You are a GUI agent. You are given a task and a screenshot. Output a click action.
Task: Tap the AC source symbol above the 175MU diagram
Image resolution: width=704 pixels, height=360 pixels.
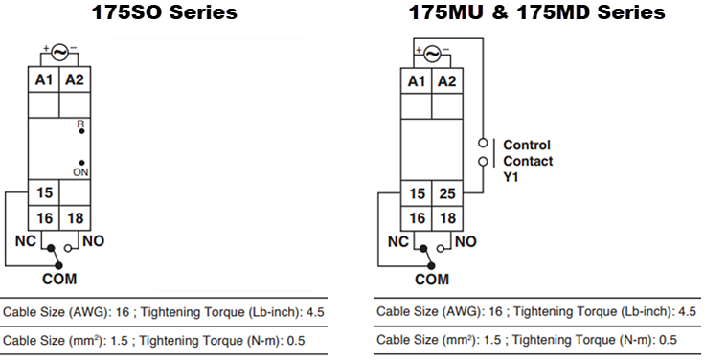(431, 53)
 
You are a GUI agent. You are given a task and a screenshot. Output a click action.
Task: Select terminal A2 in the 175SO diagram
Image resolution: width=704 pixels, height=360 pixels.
(75, 80)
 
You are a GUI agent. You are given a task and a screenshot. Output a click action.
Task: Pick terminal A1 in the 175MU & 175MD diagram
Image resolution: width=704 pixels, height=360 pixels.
(417, 81)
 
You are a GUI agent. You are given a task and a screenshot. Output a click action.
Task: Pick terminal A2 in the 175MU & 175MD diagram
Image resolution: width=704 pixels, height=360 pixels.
(446, 81)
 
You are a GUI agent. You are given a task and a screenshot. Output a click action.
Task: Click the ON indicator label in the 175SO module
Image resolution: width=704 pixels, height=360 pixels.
(80, 171)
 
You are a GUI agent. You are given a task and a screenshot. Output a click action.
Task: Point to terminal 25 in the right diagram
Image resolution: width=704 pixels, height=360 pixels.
(446, 193)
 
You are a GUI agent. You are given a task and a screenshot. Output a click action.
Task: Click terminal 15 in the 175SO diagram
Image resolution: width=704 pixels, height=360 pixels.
(44, 193)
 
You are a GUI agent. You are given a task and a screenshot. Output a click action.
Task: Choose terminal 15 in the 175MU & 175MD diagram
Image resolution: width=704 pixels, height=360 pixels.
(417, 193)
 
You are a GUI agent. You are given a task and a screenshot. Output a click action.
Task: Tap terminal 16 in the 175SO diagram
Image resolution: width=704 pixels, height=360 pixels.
(44, 218)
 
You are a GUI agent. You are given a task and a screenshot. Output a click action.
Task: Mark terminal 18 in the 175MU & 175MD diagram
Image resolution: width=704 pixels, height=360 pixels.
(446, 218)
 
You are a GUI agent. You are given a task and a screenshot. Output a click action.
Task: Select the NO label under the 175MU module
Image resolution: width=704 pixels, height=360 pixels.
(465, 242)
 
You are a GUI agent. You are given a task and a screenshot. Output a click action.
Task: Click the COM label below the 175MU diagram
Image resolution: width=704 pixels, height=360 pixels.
(431, 280)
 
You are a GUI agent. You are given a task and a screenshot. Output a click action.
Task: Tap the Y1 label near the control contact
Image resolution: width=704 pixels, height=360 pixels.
(512, 177)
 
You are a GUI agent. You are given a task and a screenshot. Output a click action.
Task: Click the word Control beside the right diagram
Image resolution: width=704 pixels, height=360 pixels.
(527, 145)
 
